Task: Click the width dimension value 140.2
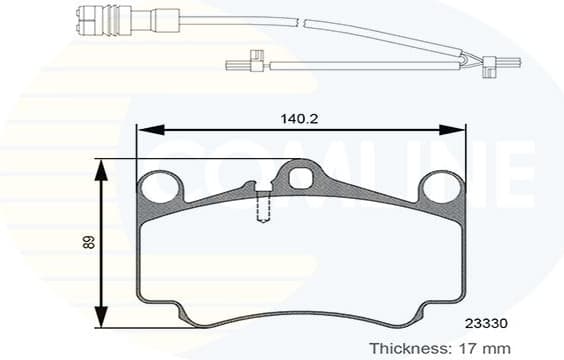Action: point(300,117)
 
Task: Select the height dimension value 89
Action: point(86,242)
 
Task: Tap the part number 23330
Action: point(485,323)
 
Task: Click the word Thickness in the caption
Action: point(408,347)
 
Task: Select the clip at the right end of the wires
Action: point(489,67)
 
